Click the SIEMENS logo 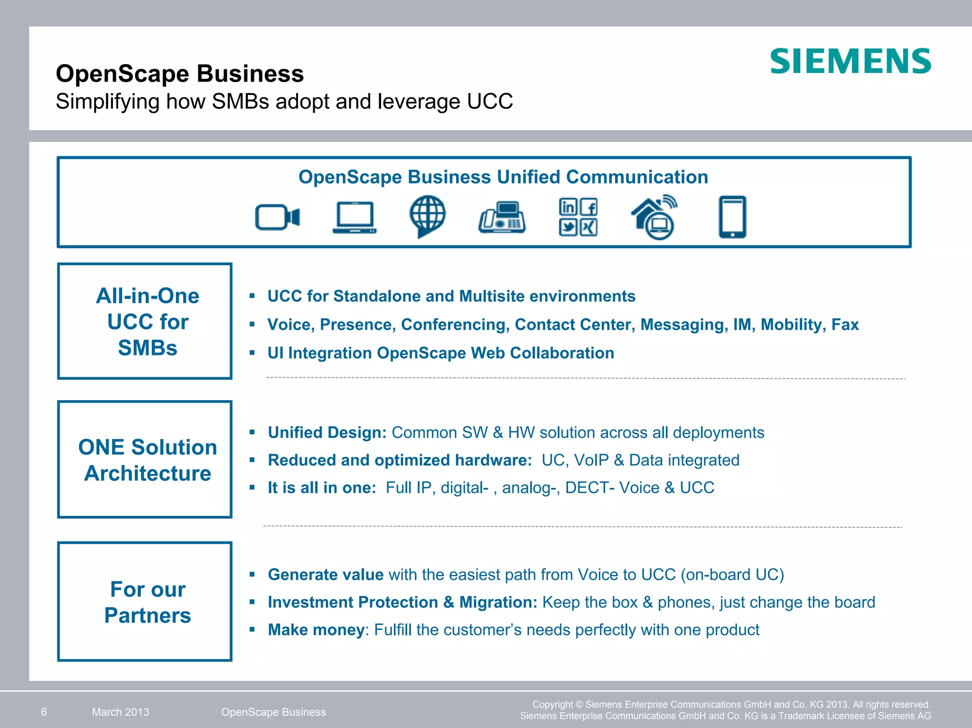tap(850, 61)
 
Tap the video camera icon tap(277, 217)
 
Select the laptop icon tap(355, 217)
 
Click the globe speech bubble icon tap(427, 215)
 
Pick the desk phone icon tap(502, 217)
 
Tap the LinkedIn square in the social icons tap(568, 207)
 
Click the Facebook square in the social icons tap(589, 207)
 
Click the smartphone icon tap(732, 216)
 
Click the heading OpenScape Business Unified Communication tap(503, 177)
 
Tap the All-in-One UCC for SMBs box tap(145, 321)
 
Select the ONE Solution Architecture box tap(145, 459)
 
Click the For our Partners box tap(145, 601)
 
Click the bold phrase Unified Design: tap(327, 433)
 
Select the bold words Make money tap(316, 630)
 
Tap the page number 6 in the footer tap(44, 712)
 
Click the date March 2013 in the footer tap(121, 712)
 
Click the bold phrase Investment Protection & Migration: tap(402, 602)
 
